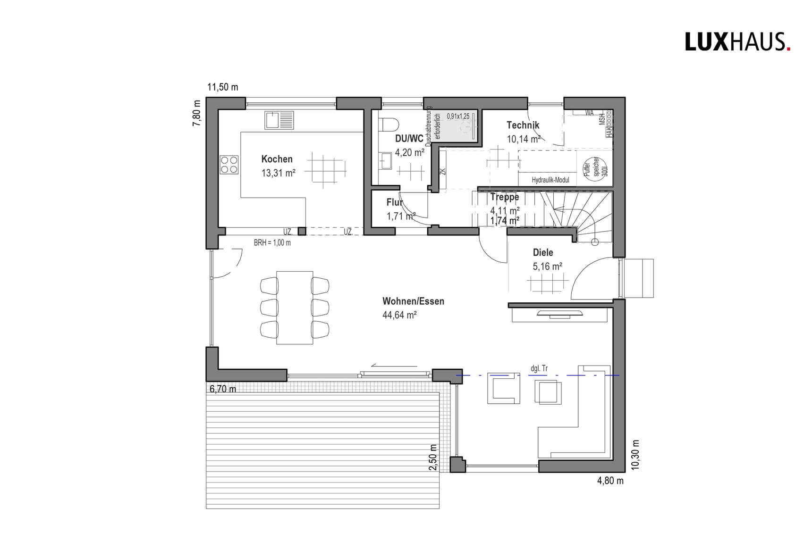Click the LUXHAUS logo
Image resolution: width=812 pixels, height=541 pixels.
[737, 42]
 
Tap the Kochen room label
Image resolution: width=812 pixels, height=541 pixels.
[277, 159]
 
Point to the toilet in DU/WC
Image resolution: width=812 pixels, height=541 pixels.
[389, 124]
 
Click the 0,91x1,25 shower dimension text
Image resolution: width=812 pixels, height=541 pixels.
[458, 116]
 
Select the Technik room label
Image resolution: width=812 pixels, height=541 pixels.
[523, 125]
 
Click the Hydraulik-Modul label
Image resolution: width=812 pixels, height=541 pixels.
[550, 180]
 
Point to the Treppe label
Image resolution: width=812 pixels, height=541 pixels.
[504, 197]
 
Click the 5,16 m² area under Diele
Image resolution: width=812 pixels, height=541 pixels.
[547, 266]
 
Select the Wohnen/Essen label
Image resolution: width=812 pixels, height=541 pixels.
[413, 301]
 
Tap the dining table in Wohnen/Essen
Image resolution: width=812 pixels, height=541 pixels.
[295, 308]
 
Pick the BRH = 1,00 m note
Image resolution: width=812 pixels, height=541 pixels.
[272, 243]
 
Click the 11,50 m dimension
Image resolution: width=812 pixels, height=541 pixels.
[223, 87]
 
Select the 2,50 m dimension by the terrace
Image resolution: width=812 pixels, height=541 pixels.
[433, 457]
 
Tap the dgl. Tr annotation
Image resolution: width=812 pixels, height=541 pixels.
[539, 368]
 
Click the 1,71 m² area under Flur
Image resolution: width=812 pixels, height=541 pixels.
[401, 216]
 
